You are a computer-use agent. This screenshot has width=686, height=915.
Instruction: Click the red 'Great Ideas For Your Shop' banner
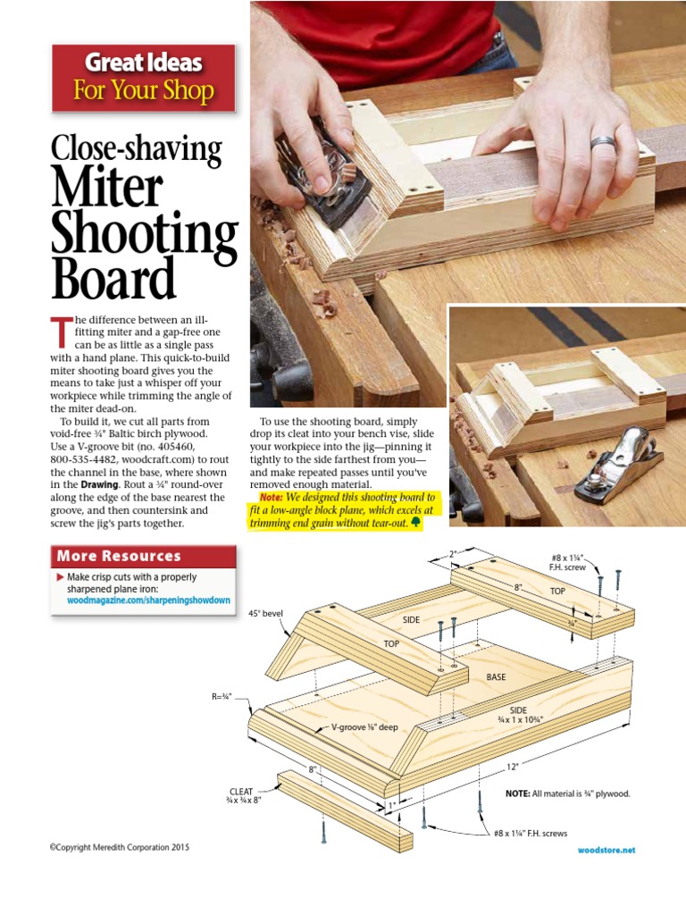144,78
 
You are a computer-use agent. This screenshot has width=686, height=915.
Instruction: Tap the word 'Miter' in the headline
107,189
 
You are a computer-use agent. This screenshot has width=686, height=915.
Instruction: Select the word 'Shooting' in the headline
144,235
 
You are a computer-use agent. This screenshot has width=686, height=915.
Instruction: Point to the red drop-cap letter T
60,332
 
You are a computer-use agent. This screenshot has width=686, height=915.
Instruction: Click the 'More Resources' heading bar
144,556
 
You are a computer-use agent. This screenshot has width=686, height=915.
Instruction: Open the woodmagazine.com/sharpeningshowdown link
149,600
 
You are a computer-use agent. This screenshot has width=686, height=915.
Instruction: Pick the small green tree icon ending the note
414,522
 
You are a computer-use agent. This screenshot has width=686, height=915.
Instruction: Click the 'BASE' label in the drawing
496,677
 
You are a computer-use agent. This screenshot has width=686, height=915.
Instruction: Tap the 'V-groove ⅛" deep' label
364,727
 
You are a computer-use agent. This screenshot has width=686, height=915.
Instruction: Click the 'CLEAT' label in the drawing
241,792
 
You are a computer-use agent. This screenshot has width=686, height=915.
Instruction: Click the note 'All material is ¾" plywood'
567,793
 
